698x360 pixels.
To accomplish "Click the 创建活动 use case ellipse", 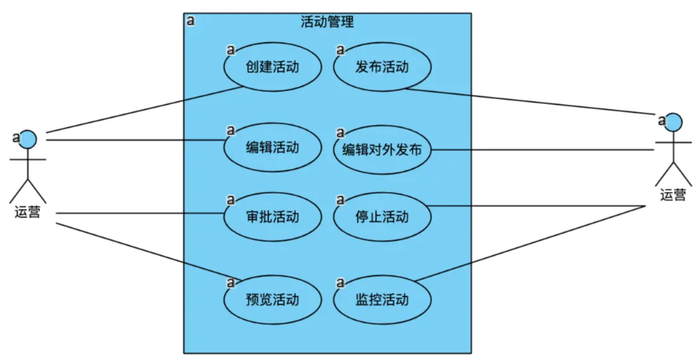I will [273, 67].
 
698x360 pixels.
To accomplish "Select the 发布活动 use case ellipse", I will [382, 67].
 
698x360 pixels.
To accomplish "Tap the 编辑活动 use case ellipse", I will [273, 147].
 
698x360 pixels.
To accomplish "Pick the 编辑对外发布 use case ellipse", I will [382, 150].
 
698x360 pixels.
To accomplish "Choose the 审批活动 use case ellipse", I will [273, 217].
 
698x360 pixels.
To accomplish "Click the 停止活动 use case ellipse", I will [382, 217].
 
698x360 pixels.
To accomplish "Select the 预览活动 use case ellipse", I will [273, 300].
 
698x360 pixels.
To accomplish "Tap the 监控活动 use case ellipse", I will [382, 300].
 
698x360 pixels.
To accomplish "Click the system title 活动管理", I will [327, 22].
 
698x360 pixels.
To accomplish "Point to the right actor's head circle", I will [673, 122].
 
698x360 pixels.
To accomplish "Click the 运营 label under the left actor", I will [28, 213].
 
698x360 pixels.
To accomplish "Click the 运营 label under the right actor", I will [672, 194].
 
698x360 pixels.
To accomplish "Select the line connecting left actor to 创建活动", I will [144, 109].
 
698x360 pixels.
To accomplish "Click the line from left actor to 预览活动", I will [144, 250].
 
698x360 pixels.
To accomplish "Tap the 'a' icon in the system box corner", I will [190, 21].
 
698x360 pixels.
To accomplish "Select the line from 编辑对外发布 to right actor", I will [544, 150].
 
